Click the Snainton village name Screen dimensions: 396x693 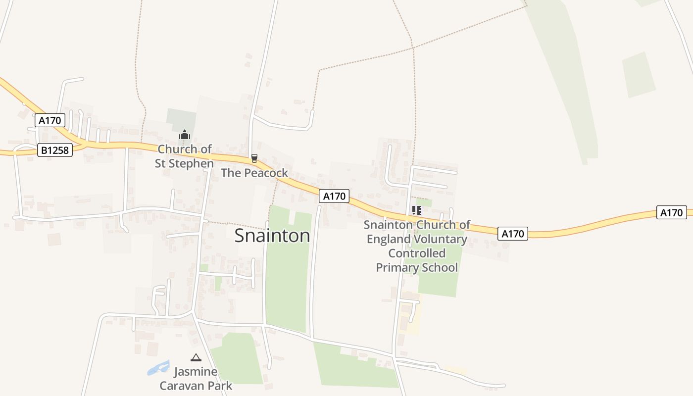[x=272, y=236]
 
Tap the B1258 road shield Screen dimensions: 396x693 [x=55, y=150]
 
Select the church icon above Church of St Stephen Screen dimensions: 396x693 [x=185, y=135]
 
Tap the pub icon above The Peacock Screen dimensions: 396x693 [x=254, y=158]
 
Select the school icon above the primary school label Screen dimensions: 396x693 [x=417, y=210]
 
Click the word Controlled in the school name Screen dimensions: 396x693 [x=417, y=253]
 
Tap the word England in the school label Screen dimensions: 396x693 [x=389, y=239]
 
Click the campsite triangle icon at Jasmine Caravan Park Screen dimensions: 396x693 [x=196, y=357]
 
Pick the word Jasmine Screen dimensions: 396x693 [x=196, y=372]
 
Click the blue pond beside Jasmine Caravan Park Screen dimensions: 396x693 [x=158, y=368]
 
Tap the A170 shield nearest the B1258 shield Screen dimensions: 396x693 [x=50, y=120]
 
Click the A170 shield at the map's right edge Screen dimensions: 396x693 [x=672, y=212]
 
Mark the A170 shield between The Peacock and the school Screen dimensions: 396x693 [x=334, y=196]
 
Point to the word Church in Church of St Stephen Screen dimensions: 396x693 [x=173, y=149]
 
